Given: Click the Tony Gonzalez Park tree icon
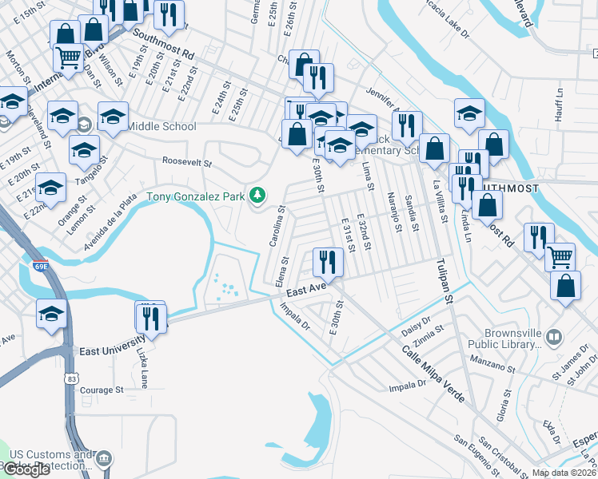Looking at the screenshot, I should [257, 194].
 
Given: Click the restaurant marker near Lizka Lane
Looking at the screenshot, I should [149, 317].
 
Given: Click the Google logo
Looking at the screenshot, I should [26, 469].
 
